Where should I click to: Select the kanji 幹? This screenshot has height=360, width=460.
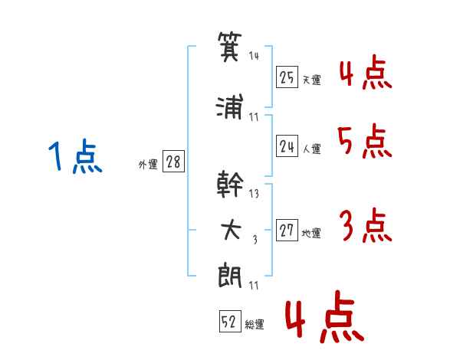231,184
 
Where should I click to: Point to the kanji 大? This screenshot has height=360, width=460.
231,231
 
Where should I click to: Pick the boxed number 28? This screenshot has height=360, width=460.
173,162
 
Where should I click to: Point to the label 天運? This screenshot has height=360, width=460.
311,80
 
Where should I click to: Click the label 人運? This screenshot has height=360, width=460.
311,149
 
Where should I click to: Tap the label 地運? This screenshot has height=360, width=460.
311,234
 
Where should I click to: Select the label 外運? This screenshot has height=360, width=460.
148,164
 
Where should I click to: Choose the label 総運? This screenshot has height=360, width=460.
255,325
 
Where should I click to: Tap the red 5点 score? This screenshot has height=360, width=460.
363,141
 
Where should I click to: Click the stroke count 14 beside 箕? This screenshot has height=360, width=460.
254,56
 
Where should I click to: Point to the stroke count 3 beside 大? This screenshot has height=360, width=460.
255,240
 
